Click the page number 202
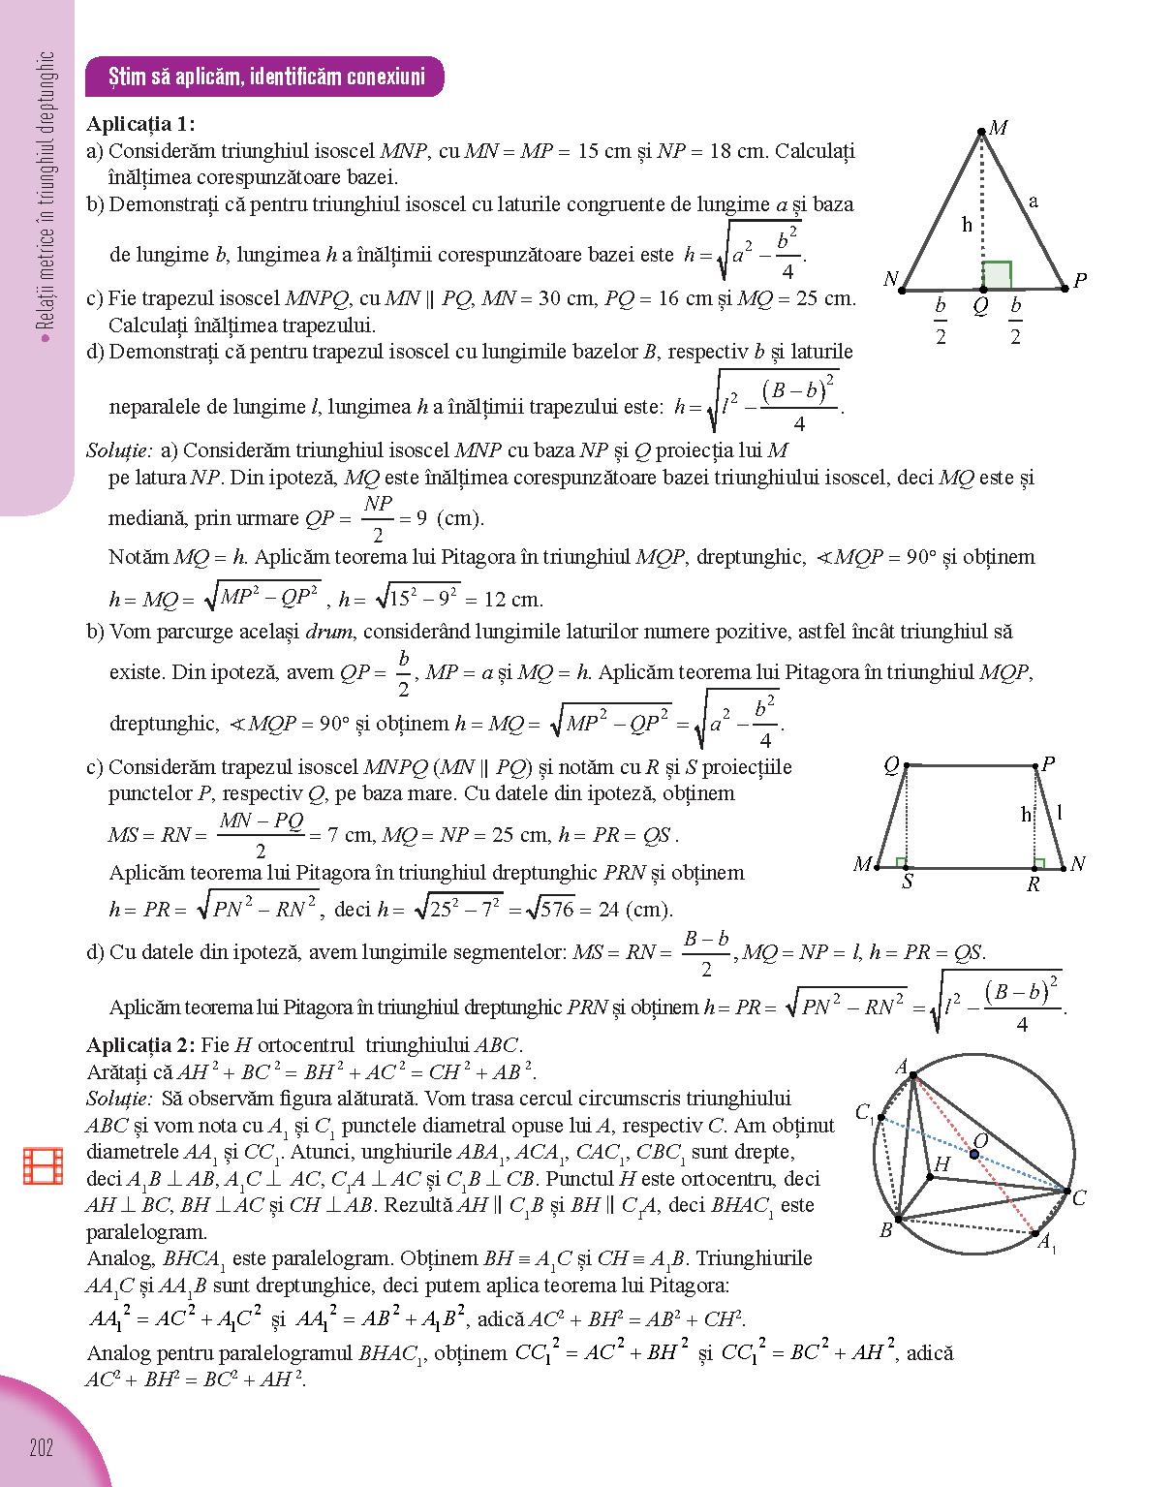pyautogui.click(x=41, y=1448)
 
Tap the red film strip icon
pyautogui.click(x=43, y=1165)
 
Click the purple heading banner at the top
pyautogui.click(x=265, y=77)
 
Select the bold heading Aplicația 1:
pyautogui.click(x=140, y=124)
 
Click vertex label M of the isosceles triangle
pyautogui.click(x=999, y=128)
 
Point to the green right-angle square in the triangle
pyautogui.click(x=997, y=274)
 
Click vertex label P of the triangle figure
pyautogui.click(x=1080, y=281)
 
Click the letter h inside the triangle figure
pyautogui.click(x=967, y=225)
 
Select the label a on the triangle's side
pyautogui.click(x=1034, y=201)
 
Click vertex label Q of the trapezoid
pyautogui.click(x=892, y=765)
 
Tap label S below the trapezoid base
pyautogui.click(x=907, y=883)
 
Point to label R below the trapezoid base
pyautogui.click(x=1034, y=884)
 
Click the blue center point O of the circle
pyautogui.click(x=974, y=1154)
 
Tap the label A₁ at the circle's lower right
pyautogui.click(x=1047, y=1243)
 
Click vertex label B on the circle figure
pyautogui.click(x=885, y=1230)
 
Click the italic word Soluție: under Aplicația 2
pyautogui.click(x=119, y=1099)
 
